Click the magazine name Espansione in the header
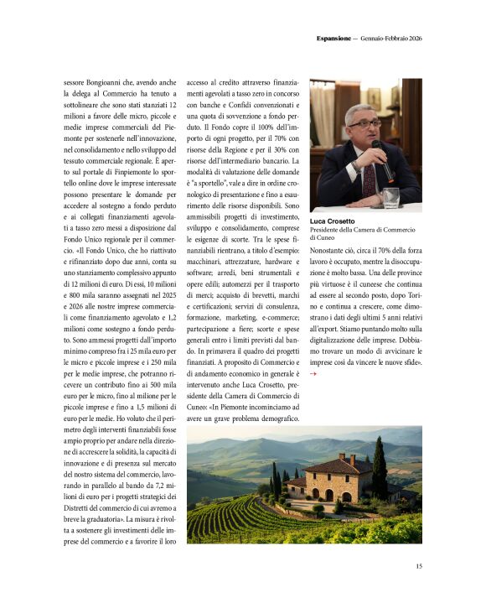333,38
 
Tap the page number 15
418,566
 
